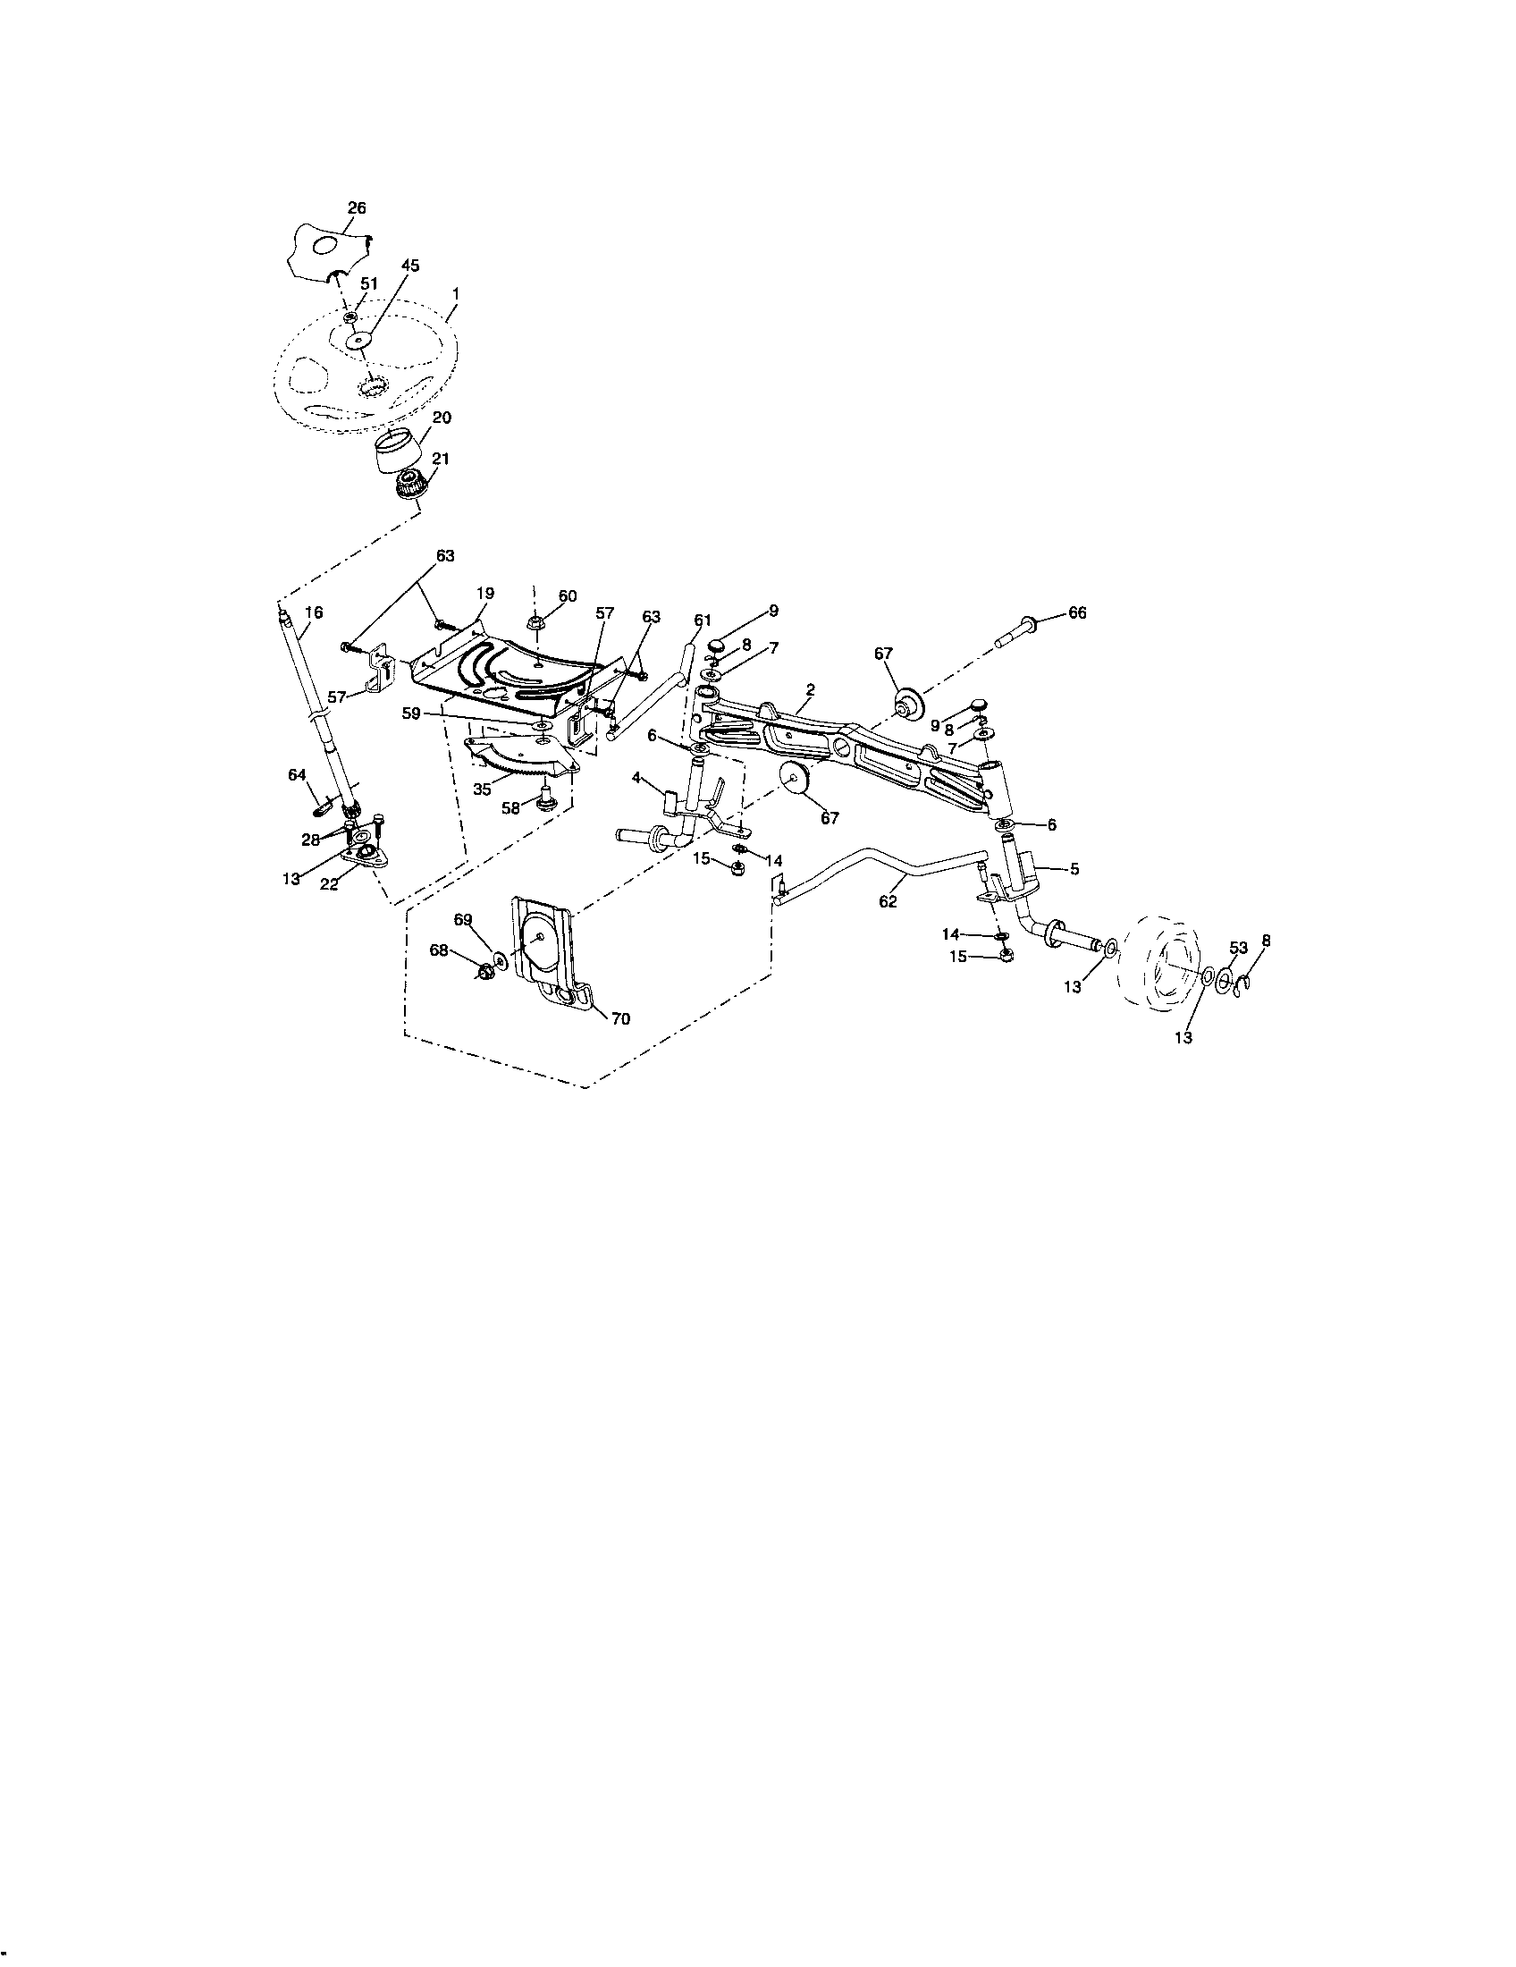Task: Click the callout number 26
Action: tap(357, 208)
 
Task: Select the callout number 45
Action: tap(409, 266)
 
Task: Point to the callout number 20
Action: tap(442, 418)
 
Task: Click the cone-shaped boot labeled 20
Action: tap(403, 451)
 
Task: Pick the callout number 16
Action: tap(313, 612)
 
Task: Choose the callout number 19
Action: tap(485, 594)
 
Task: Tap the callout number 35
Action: tap(483, 789)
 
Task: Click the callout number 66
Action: tap(1077, 613)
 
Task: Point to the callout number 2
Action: tap(810, 690)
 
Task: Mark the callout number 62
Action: tap(889, 901)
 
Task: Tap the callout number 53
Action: tap(1239, 948)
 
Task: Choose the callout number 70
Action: tap(620, 1018)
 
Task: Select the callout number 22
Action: tap(329, 884)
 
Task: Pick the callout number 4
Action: tap(636, 776)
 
